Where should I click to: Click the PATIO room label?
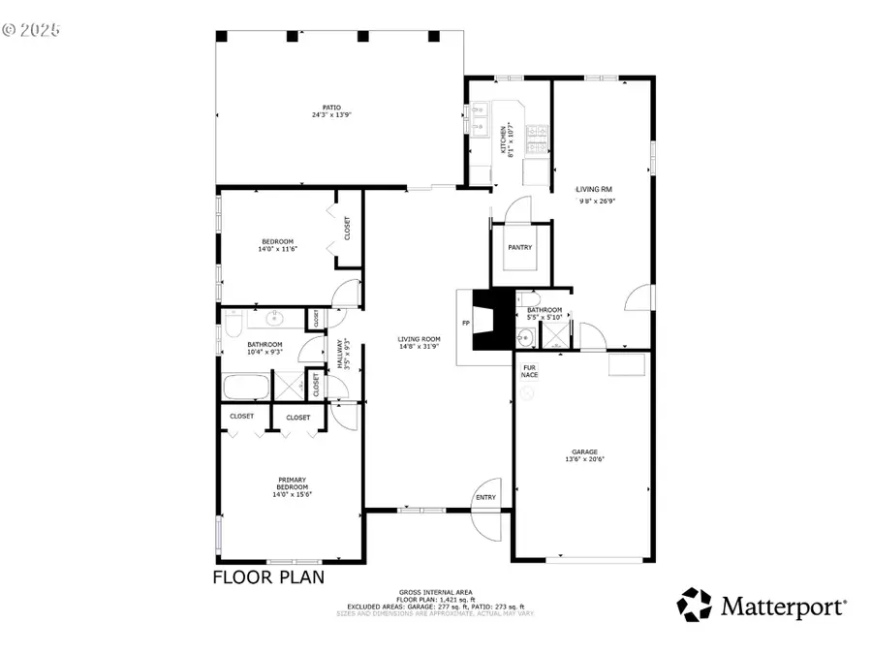tap(331, 108)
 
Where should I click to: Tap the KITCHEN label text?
tap(502, 139)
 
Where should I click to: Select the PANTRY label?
tap(520, 247)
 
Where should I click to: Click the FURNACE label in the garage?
tap(530, 371)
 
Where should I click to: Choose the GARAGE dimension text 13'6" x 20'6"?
tap(584, 460)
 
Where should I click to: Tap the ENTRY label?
tap(484, 498)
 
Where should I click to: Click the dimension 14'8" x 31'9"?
tap(419, 346)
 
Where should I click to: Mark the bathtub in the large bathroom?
tap(247, 387)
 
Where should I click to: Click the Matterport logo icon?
tap(694, 605)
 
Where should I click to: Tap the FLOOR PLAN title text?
tap(268, 577)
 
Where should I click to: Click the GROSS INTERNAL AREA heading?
tap(435, 592)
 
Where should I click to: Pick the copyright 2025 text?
tap(31, 30)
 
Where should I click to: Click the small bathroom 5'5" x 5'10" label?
tap(545, 313)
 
